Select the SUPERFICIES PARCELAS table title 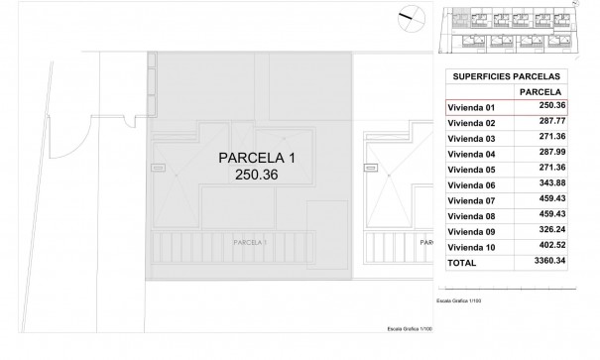(506, 75)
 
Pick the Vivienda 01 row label (472, 107)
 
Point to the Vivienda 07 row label (472, 200)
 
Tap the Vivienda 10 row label (472, 247)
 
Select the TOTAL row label (463, 264)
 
